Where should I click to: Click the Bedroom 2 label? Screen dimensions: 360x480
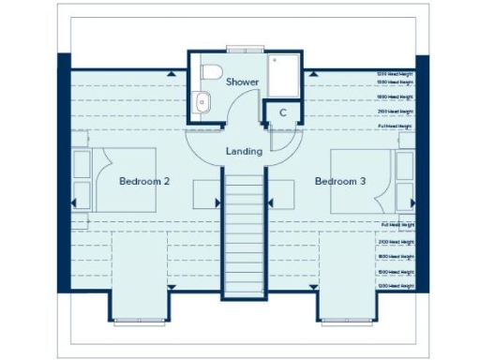point(143,181)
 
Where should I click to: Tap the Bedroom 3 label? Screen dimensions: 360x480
point(339,181)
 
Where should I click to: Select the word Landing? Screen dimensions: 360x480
point(244,151)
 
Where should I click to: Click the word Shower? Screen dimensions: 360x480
point(243,82)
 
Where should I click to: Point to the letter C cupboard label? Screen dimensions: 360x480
point(282,112)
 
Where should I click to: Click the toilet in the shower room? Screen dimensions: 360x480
point(210,73)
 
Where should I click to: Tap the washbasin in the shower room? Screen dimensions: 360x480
point(201,102)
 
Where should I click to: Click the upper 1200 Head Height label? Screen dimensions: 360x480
point(394,73)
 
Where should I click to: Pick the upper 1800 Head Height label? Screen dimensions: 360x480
point(394,97)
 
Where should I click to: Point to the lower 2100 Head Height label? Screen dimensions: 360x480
point(394,242)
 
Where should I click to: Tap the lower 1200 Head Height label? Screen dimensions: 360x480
point(394,284)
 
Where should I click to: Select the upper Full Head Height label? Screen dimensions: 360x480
point(394,126)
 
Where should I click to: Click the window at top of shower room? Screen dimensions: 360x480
point(240,48)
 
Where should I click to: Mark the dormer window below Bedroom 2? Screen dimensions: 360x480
point(140,321)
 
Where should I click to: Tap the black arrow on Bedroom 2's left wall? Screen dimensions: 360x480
point(74,201)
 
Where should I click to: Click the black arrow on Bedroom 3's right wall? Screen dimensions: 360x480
point(412,201)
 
